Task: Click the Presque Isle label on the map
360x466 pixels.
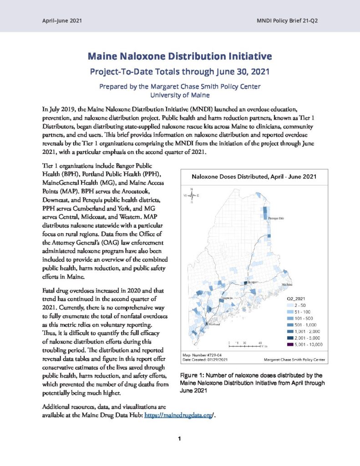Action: click(x=276, y=218)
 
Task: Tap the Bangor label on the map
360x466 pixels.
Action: click(x=253, y=282)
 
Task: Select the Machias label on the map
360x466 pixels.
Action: click(x=287, y=284)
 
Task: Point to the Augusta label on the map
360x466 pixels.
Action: click(x=227, y=299)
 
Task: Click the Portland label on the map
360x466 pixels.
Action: click(x=214, y=324)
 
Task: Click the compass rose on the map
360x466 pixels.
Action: click(x=192, y=195)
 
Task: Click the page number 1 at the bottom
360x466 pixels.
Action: click(x=180, y=439)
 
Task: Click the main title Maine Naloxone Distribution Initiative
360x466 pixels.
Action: click(x=180, y=56)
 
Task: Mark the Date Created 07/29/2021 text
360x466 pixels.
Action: click(x=205, y=360)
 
